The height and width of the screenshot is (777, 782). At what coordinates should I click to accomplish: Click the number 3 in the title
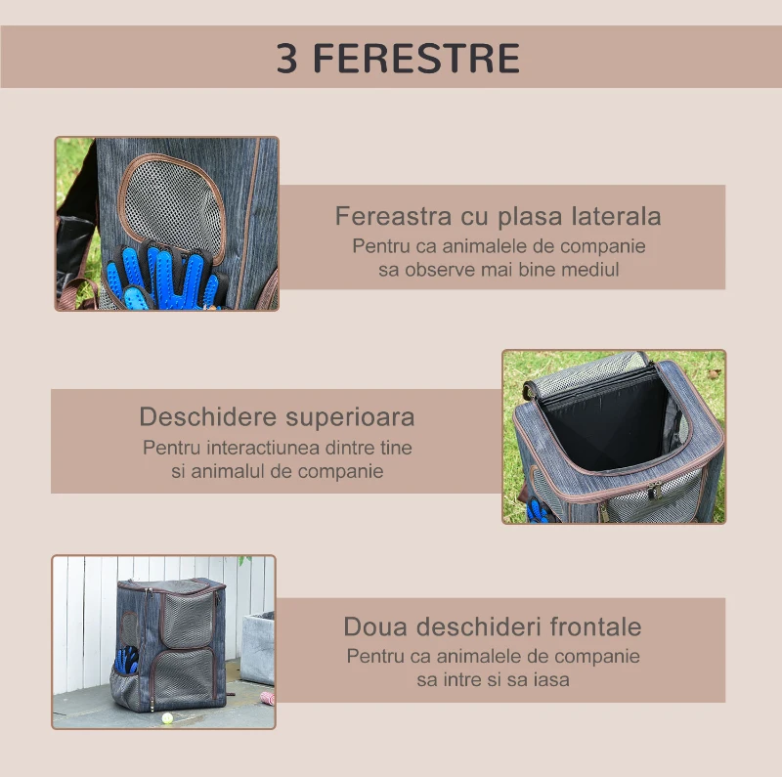[287, 59]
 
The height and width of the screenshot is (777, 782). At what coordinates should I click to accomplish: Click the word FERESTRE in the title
[416, 59]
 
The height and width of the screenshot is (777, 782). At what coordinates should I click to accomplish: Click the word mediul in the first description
[590, 269]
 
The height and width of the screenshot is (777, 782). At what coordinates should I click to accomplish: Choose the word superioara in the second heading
[349, 417]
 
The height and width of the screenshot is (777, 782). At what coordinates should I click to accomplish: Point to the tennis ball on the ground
[167, 717]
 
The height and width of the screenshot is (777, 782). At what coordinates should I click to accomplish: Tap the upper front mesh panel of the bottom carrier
[188, 616]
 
